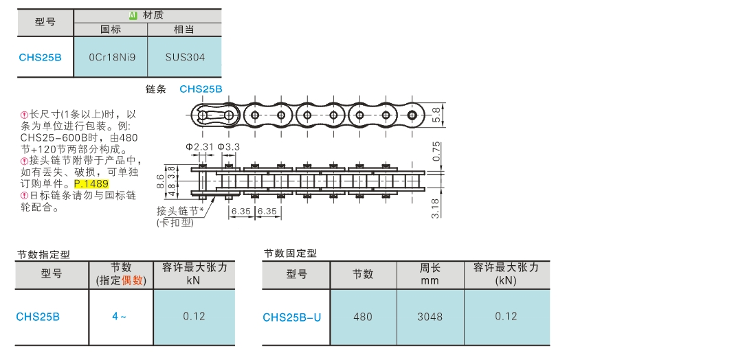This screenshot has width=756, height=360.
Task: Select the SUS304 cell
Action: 185,57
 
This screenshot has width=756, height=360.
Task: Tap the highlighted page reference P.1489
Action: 91,184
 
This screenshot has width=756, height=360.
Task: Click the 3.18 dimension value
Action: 437,207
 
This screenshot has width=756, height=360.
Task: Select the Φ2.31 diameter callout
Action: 200,147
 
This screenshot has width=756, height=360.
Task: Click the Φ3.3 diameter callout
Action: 228,147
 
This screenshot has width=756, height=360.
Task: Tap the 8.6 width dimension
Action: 161,181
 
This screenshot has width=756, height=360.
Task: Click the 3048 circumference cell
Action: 430,317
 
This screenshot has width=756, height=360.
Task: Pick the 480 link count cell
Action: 363,317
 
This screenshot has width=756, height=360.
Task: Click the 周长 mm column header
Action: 430,274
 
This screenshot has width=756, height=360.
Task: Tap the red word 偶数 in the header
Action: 133,280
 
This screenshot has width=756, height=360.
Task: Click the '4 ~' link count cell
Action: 120,317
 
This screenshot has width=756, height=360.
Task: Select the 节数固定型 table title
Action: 290,253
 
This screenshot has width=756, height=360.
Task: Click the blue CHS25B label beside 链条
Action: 201,89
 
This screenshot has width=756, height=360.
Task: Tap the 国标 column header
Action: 111,30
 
